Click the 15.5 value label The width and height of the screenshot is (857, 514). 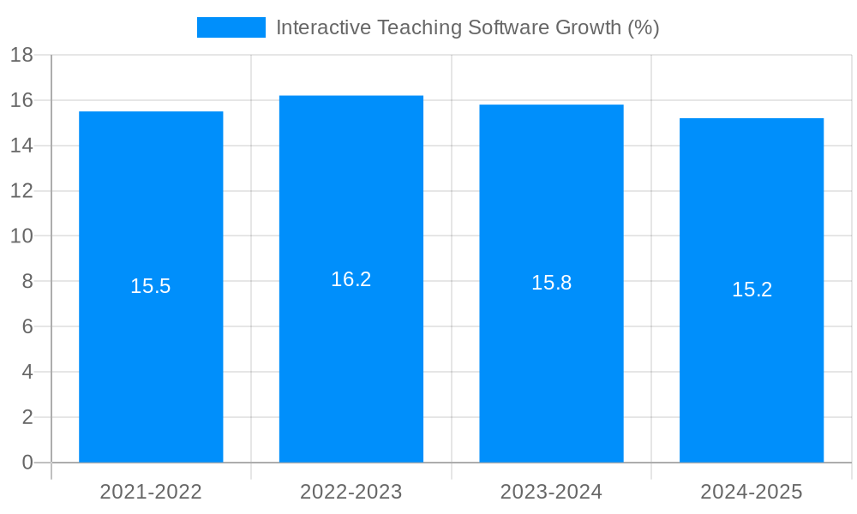[x=151, y=286]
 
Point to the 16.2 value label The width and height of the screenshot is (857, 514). [x=351, y=279]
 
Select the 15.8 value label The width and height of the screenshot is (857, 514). [x=551, y=283]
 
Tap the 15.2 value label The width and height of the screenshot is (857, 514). [x=752, y=290]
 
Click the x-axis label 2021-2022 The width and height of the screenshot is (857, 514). [x=151, y=492]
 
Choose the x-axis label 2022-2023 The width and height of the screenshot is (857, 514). [x=351, y=492]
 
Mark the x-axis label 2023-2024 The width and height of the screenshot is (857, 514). [x=551, y=492]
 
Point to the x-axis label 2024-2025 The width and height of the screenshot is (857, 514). [x=752, y=492]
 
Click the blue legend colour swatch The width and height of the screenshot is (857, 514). [x=231, y=27]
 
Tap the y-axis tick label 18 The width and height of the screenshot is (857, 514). [x=21, y=56]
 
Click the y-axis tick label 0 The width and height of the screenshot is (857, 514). [x=27, y=463]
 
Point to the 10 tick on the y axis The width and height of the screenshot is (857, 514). [x=21, y=236]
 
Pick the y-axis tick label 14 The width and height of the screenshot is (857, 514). [x=21, y=146]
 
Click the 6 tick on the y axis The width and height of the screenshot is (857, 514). [x=27, y=327]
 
